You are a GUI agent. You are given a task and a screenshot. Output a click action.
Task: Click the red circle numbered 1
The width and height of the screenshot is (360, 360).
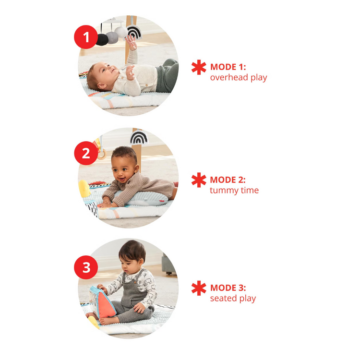86,37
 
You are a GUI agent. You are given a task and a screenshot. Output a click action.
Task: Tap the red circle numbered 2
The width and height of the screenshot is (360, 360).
86,153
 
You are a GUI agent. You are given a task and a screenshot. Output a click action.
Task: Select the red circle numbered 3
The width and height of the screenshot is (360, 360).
86,267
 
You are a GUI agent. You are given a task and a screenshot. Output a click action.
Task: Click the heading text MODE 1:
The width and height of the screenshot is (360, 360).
228,67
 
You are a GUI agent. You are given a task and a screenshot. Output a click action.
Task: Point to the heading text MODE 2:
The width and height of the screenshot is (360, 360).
228,180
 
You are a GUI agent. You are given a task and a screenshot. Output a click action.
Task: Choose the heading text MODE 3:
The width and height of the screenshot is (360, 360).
228,288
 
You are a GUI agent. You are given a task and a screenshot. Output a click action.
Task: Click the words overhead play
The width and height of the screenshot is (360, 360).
239,78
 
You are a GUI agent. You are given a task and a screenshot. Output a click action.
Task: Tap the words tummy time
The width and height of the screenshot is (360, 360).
234,191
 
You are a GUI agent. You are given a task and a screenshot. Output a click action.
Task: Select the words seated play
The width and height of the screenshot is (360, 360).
233,299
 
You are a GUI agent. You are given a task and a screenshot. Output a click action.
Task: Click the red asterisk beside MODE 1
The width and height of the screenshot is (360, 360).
199,67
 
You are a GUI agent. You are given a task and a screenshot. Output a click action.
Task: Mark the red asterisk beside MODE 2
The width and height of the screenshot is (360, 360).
199,180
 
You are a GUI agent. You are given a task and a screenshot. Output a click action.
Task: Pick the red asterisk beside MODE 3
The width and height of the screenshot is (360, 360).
199,288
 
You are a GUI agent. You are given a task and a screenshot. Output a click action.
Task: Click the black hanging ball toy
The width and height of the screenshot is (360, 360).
102,39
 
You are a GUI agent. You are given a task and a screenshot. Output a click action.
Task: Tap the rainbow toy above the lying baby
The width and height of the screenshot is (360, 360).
134,32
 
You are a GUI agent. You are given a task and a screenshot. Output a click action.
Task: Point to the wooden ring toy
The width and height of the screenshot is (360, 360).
102,154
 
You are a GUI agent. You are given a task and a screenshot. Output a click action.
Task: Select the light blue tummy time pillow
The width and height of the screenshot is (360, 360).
147,199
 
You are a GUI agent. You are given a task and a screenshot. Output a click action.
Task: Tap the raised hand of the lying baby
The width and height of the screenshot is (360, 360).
132,42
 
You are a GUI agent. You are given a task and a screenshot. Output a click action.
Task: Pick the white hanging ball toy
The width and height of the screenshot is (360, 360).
121,32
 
